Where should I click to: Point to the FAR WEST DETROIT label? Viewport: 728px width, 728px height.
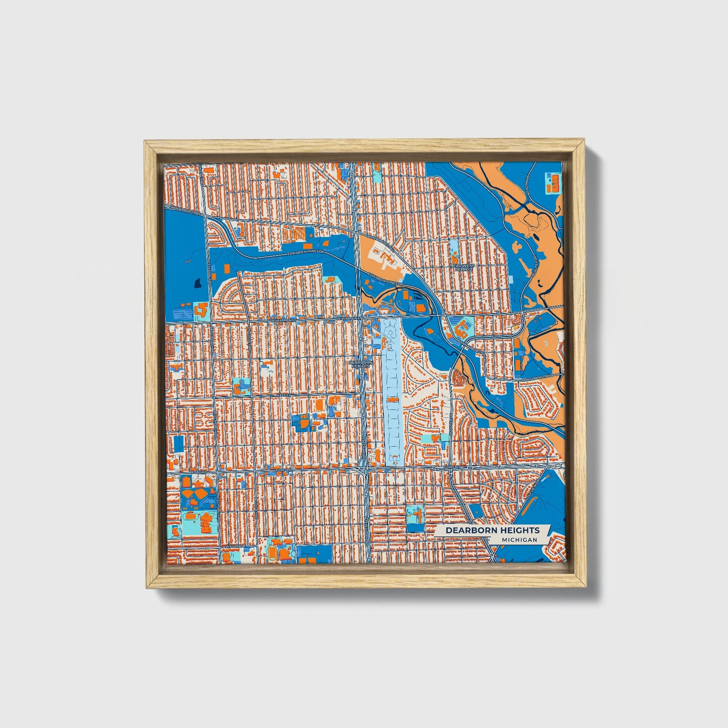point(463,267)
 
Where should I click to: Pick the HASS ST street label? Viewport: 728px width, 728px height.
point(283,395)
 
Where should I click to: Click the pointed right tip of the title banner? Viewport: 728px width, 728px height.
point(550,527)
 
